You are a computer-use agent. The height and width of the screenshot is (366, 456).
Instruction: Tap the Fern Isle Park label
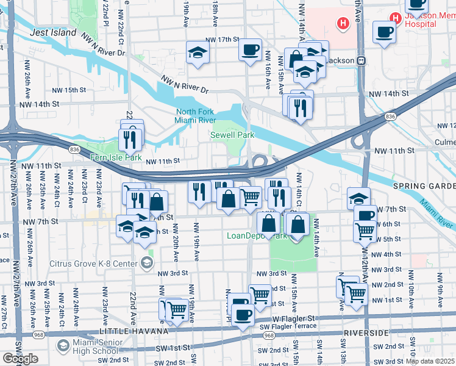[115, 158]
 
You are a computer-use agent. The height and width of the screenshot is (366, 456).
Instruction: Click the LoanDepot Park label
[257, 235]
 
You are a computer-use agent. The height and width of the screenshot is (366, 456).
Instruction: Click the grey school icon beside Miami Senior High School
[63, 346]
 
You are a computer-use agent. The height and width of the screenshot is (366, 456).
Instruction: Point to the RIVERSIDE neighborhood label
[366, 334]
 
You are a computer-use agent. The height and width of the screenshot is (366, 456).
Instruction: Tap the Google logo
[20, 359]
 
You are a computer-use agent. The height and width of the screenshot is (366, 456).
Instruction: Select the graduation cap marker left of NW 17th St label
[198, 52]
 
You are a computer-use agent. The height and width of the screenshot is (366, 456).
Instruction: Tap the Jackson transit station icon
[361, 60]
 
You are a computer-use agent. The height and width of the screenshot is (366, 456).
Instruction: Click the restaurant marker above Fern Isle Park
[129, 138]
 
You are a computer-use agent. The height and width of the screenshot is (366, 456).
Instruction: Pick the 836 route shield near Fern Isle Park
[74, 148]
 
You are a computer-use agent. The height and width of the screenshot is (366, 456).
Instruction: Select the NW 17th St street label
[220, 40]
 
